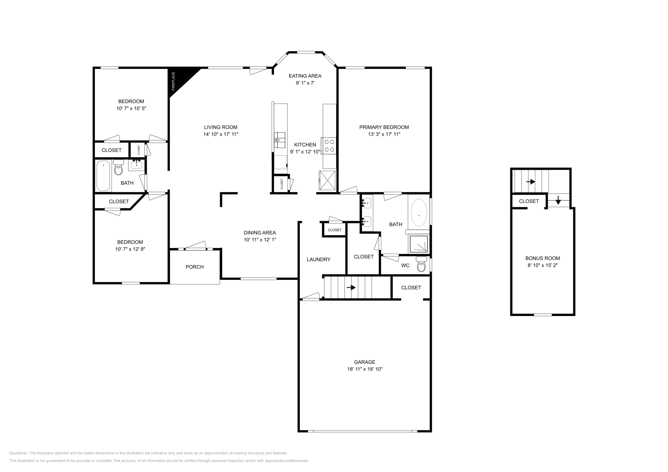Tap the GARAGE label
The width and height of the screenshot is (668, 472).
click(364, 362)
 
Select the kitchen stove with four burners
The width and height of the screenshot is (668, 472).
click(329, 146)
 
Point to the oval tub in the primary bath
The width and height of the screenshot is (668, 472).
click(419, 214)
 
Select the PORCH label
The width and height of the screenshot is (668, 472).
click(195, 267)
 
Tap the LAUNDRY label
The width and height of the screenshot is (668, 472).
click(319, 259)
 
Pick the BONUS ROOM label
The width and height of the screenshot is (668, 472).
click(542, 258)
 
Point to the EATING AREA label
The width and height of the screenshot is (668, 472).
click(305, 76)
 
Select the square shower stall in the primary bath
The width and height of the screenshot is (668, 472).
click(419, 244)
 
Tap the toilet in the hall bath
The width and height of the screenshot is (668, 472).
click(119, 169)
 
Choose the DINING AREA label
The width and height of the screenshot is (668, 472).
click(260, 233)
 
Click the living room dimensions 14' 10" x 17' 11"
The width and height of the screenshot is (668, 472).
click(220, 134)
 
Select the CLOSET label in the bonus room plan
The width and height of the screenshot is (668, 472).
click(529, 201)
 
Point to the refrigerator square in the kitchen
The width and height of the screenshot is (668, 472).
click(327, 180)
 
